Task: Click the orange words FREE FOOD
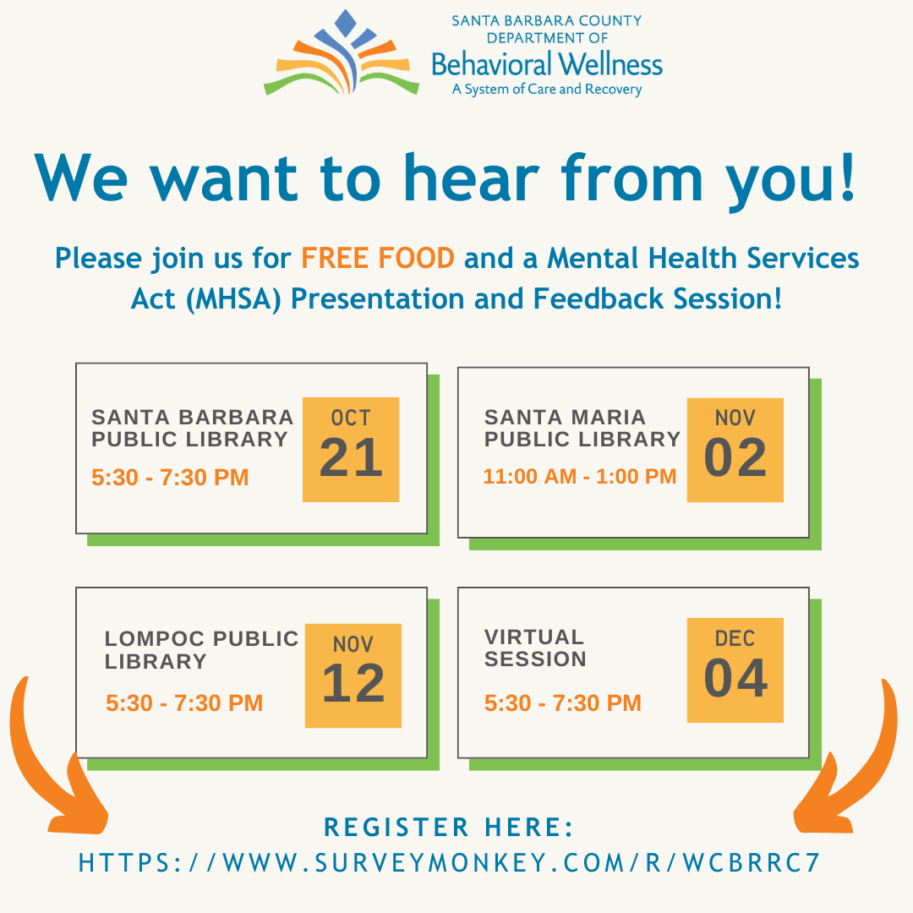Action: click(x=378, y=258)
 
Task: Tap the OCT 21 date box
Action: click(x=351, y=450)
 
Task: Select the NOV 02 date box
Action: click(x=735, y=450)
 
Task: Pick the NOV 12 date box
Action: click(x=353, y=675)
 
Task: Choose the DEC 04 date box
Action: click(x=735, y=670)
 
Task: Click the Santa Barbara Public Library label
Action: click(x=192, y=428)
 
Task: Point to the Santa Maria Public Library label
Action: click(x=582, y=428)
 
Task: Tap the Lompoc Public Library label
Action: click(x=201, y=650)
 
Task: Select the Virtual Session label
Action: click(x=535, y=648)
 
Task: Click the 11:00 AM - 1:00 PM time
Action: click(x=580, y=476)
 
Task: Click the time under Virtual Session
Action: click(x=562, y=703)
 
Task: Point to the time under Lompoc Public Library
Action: click(x=184, y=703)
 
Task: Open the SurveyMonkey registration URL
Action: click(x=450, y=863)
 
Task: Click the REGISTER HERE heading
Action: click(x=448, y=828)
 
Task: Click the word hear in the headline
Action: click(x=472, y=178)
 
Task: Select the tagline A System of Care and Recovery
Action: click(x=547, y=89)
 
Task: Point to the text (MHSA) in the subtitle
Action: click(x=233, y=299)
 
